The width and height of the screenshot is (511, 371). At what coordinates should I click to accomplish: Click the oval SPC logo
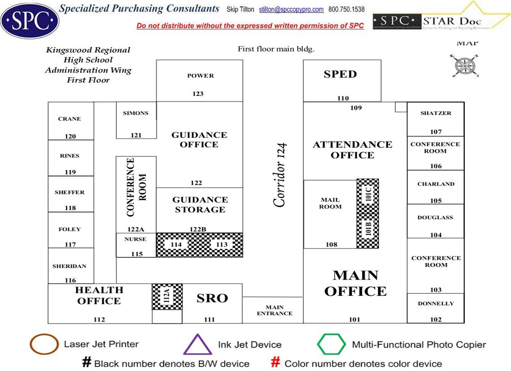click(x=30, y=20)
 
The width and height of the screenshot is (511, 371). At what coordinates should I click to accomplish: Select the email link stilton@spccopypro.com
click(x=291, y=9)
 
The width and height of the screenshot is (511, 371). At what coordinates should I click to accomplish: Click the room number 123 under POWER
click(x=198, y=94)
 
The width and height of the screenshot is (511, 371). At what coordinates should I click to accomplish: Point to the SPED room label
click(x=340, y=74)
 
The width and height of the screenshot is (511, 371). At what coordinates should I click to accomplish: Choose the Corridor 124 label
click(x=280, y=175)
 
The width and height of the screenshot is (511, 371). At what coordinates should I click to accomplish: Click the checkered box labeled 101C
click(x=368, y=196)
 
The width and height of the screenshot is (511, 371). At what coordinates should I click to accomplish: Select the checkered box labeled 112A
click(x=167, y=297)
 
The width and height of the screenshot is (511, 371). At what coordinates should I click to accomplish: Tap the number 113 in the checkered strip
click(x=222, y=245)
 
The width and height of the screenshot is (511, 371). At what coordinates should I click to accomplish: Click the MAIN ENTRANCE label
click(x=274, y=310)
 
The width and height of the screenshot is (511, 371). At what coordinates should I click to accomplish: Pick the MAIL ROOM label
click(x=330, y=203)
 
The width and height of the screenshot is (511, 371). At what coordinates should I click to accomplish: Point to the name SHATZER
click(x=436, y=113)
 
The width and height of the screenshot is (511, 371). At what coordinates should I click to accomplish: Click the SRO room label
click(x=212, y=298)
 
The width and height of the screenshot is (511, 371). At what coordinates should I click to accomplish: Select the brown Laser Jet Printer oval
click(x=44, y=345)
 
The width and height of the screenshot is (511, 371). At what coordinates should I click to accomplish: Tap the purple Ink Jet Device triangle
click(x=197, y=345)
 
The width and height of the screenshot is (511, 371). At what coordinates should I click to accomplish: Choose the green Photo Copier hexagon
click(x=331, y=345)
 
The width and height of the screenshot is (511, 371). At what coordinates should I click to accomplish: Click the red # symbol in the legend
click(x=276, y=363)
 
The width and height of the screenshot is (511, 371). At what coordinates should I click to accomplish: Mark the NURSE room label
click(x=135, y=239)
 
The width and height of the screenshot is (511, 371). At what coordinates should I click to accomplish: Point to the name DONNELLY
click(x=436, y=303)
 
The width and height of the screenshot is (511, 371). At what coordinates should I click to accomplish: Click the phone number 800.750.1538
click(x=346, y=9)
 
